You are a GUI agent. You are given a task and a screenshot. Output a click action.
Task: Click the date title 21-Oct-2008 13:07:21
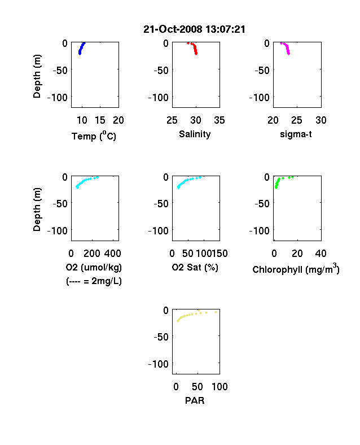[194, 29]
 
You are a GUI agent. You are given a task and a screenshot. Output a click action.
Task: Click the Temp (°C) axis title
[94, 136]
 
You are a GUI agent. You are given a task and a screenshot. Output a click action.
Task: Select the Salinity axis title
[195, 134]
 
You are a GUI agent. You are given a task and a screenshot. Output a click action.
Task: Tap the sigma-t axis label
[296, 134]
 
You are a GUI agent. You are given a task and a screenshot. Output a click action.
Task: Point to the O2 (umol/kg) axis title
[94, 267]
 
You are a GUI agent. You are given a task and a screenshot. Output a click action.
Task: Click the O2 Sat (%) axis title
[195, 267]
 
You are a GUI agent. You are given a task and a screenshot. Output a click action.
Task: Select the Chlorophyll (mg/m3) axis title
[296, 269]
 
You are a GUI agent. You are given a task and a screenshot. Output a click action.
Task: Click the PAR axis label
[195, 400]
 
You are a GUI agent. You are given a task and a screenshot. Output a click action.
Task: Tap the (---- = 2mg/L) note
[94, 281]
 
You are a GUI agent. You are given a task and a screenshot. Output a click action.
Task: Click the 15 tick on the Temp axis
[100, 120]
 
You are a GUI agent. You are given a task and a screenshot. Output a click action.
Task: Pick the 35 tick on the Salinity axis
[219, 120]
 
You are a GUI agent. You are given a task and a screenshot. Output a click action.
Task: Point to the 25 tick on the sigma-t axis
[296, 120]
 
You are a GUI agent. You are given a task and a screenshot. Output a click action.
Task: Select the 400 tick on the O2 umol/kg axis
[112, 254]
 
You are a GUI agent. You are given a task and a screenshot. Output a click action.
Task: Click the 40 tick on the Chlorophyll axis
[321, 254]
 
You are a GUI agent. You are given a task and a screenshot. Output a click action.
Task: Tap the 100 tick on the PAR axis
[219, 387]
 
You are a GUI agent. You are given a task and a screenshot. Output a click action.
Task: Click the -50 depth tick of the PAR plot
[161, 337]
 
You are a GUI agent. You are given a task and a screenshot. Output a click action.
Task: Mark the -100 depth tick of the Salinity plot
[159, 98]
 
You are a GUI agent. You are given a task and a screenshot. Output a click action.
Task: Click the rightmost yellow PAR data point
[216, 312]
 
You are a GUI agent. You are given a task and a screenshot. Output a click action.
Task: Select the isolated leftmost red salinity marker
[188, 43]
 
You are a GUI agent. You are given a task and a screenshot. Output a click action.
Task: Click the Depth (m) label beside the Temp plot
[37, 76]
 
